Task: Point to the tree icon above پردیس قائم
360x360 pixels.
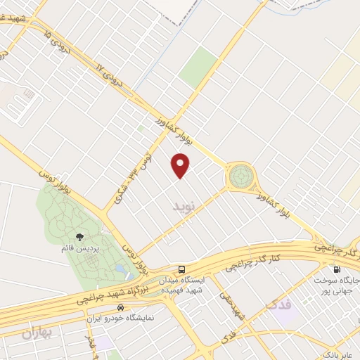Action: pos(78,238)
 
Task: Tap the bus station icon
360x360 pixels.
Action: pos(182,269)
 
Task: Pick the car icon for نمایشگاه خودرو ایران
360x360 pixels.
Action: pos(121,307)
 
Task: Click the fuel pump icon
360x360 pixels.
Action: pos(336,269)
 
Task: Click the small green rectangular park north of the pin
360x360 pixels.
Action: pos(198,66)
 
